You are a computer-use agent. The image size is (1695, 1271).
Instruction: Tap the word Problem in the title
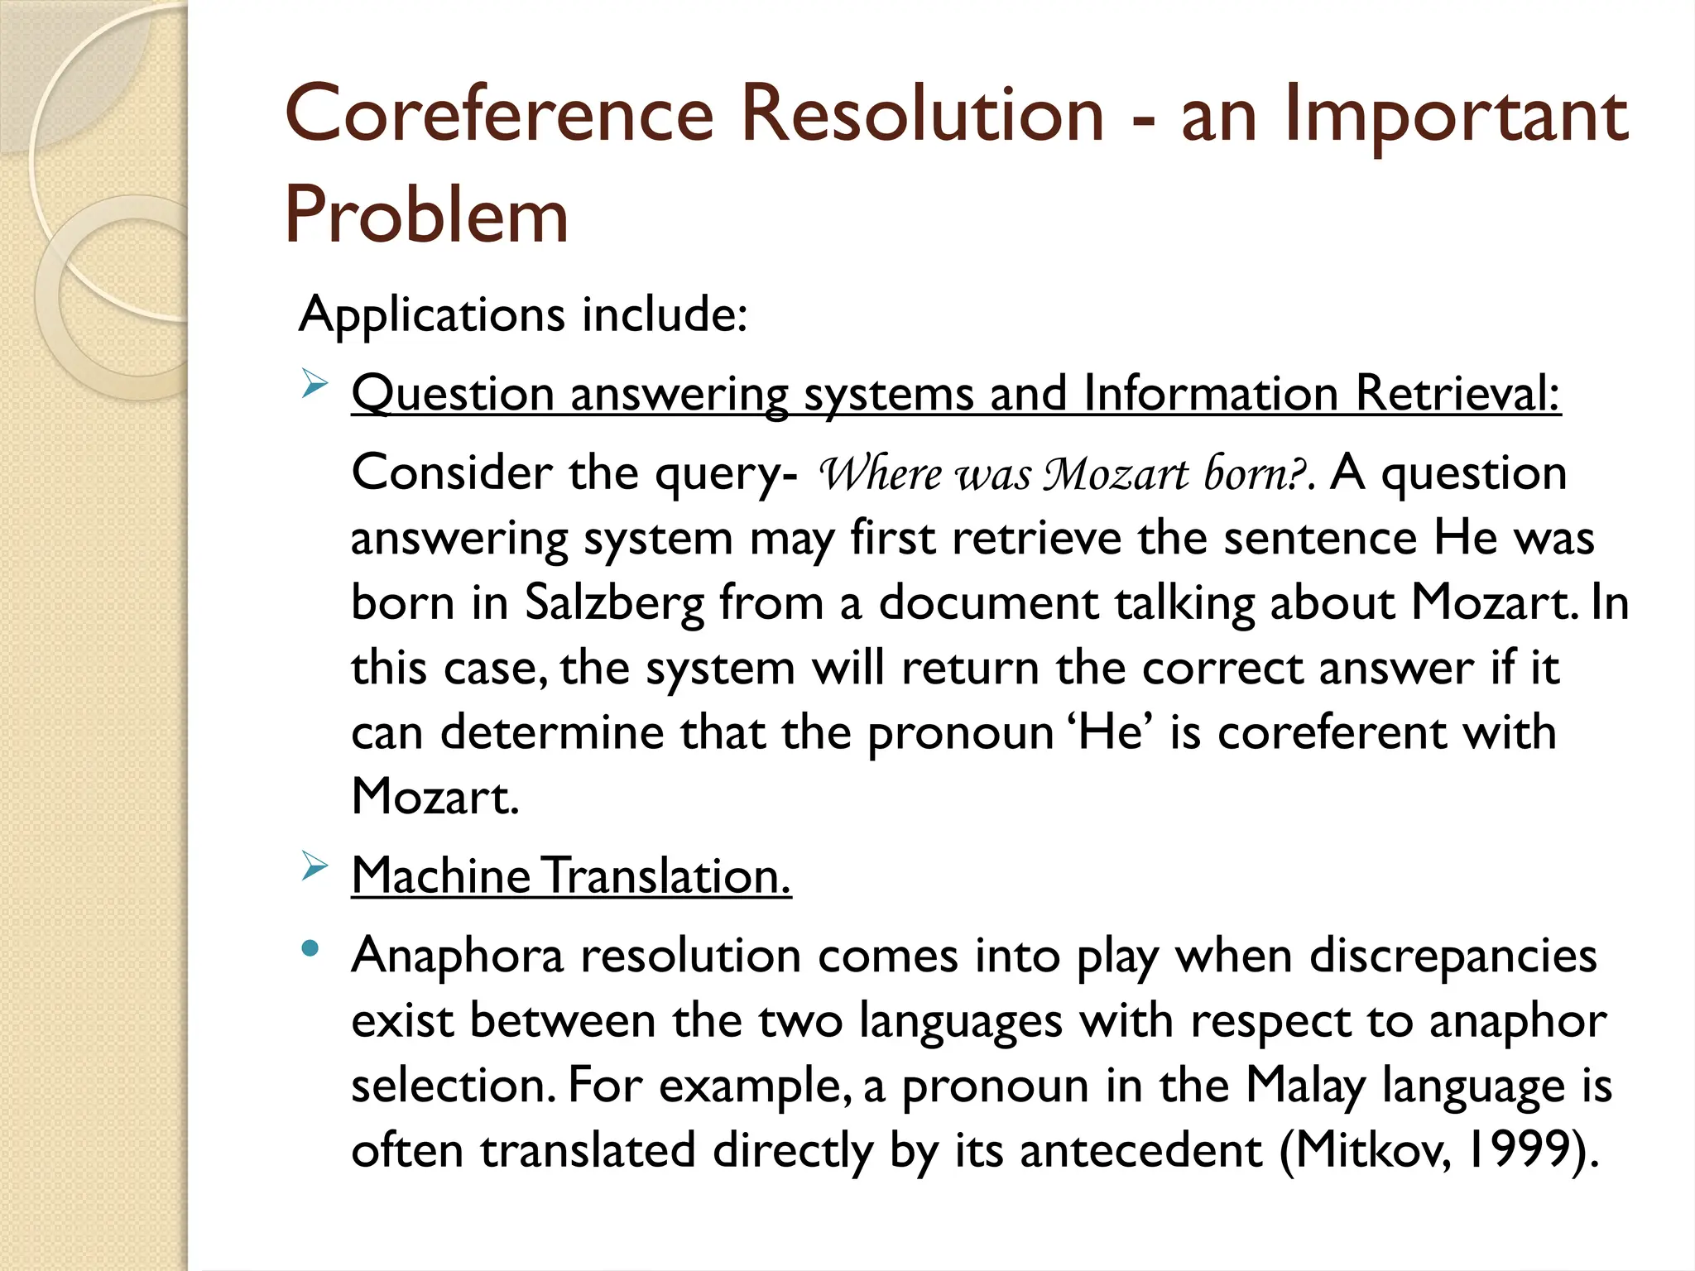426,215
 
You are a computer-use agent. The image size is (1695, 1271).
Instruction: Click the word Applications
431,316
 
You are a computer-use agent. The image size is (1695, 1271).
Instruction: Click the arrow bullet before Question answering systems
315,386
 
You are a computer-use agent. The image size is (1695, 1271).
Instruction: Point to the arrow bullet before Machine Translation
315,867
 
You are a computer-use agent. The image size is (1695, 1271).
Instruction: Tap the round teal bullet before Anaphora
310,949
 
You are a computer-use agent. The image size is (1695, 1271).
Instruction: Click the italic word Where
879,474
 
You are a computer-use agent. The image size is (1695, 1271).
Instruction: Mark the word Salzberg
614,602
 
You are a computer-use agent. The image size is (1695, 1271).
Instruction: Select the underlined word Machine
440,875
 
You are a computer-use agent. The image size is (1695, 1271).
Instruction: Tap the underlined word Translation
668,875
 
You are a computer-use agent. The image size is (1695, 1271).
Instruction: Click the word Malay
1305,1086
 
